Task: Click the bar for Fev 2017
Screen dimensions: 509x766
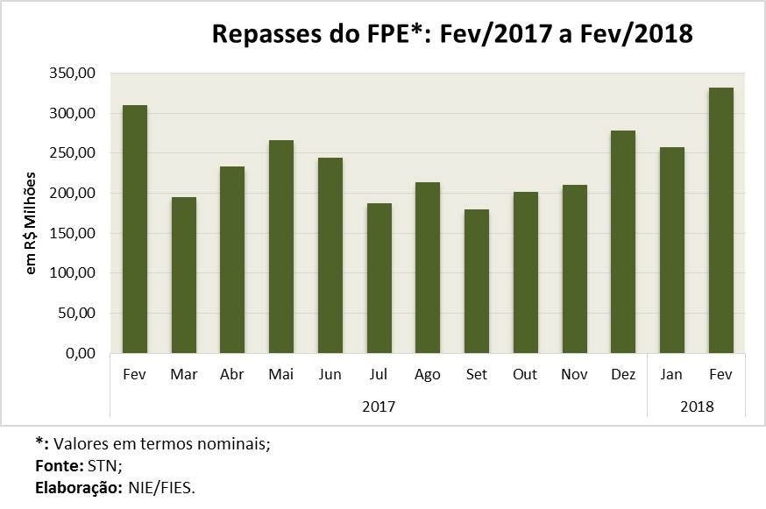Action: [135, 230]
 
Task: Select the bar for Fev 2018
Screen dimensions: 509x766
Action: [720, 221]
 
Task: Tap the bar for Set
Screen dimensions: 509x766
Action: [477, 281]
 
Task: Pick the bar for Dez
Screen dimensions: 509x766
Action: [623, 242]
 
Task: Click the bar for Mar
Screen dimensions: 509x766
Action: [184, 275]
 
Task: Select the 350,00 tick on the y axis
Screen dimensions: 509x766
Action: [74, 74]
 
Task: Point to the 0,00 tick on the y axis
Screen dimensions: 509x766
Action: [80, 353]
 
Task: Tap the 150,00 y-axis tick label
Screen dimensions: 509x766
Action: [74, 233]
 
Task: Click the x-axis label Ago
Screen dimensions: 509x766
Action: [428, 375]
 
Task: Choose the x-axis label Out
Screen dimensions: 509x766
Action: [525, 375]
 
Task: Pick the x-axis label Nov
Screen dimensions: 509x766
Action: [574, 375]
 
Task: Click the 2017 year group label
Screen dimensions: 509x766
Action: [378, 406]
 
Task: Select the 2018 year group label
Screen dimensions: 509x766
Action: [696, 406]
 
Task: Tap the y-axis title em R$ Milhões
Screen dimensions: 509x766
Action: [32, 223]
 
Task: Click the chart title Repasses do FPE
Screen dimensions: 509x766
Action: [452, 35]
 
